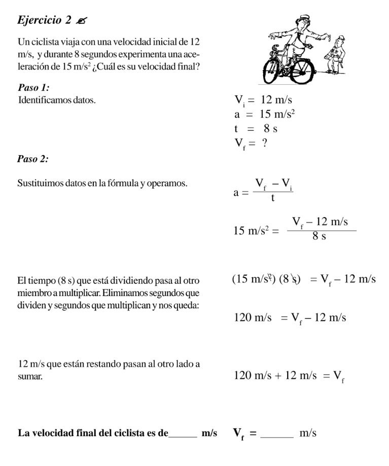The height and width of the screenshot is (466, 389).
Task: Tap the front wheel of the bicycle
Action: click(x=277, y=71)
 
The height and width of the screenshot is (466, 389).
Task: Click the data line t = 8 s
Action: click(x=256, y=129)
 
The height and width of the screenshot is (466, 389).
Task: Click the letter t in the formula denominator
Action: click(x=273, y=198)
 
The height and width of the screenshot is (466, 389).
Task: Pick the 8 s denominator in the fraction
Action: click(x=319, y=236)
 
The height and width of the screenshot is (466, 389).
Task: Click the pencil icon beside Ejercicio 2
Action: click(x=80, y=21)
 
